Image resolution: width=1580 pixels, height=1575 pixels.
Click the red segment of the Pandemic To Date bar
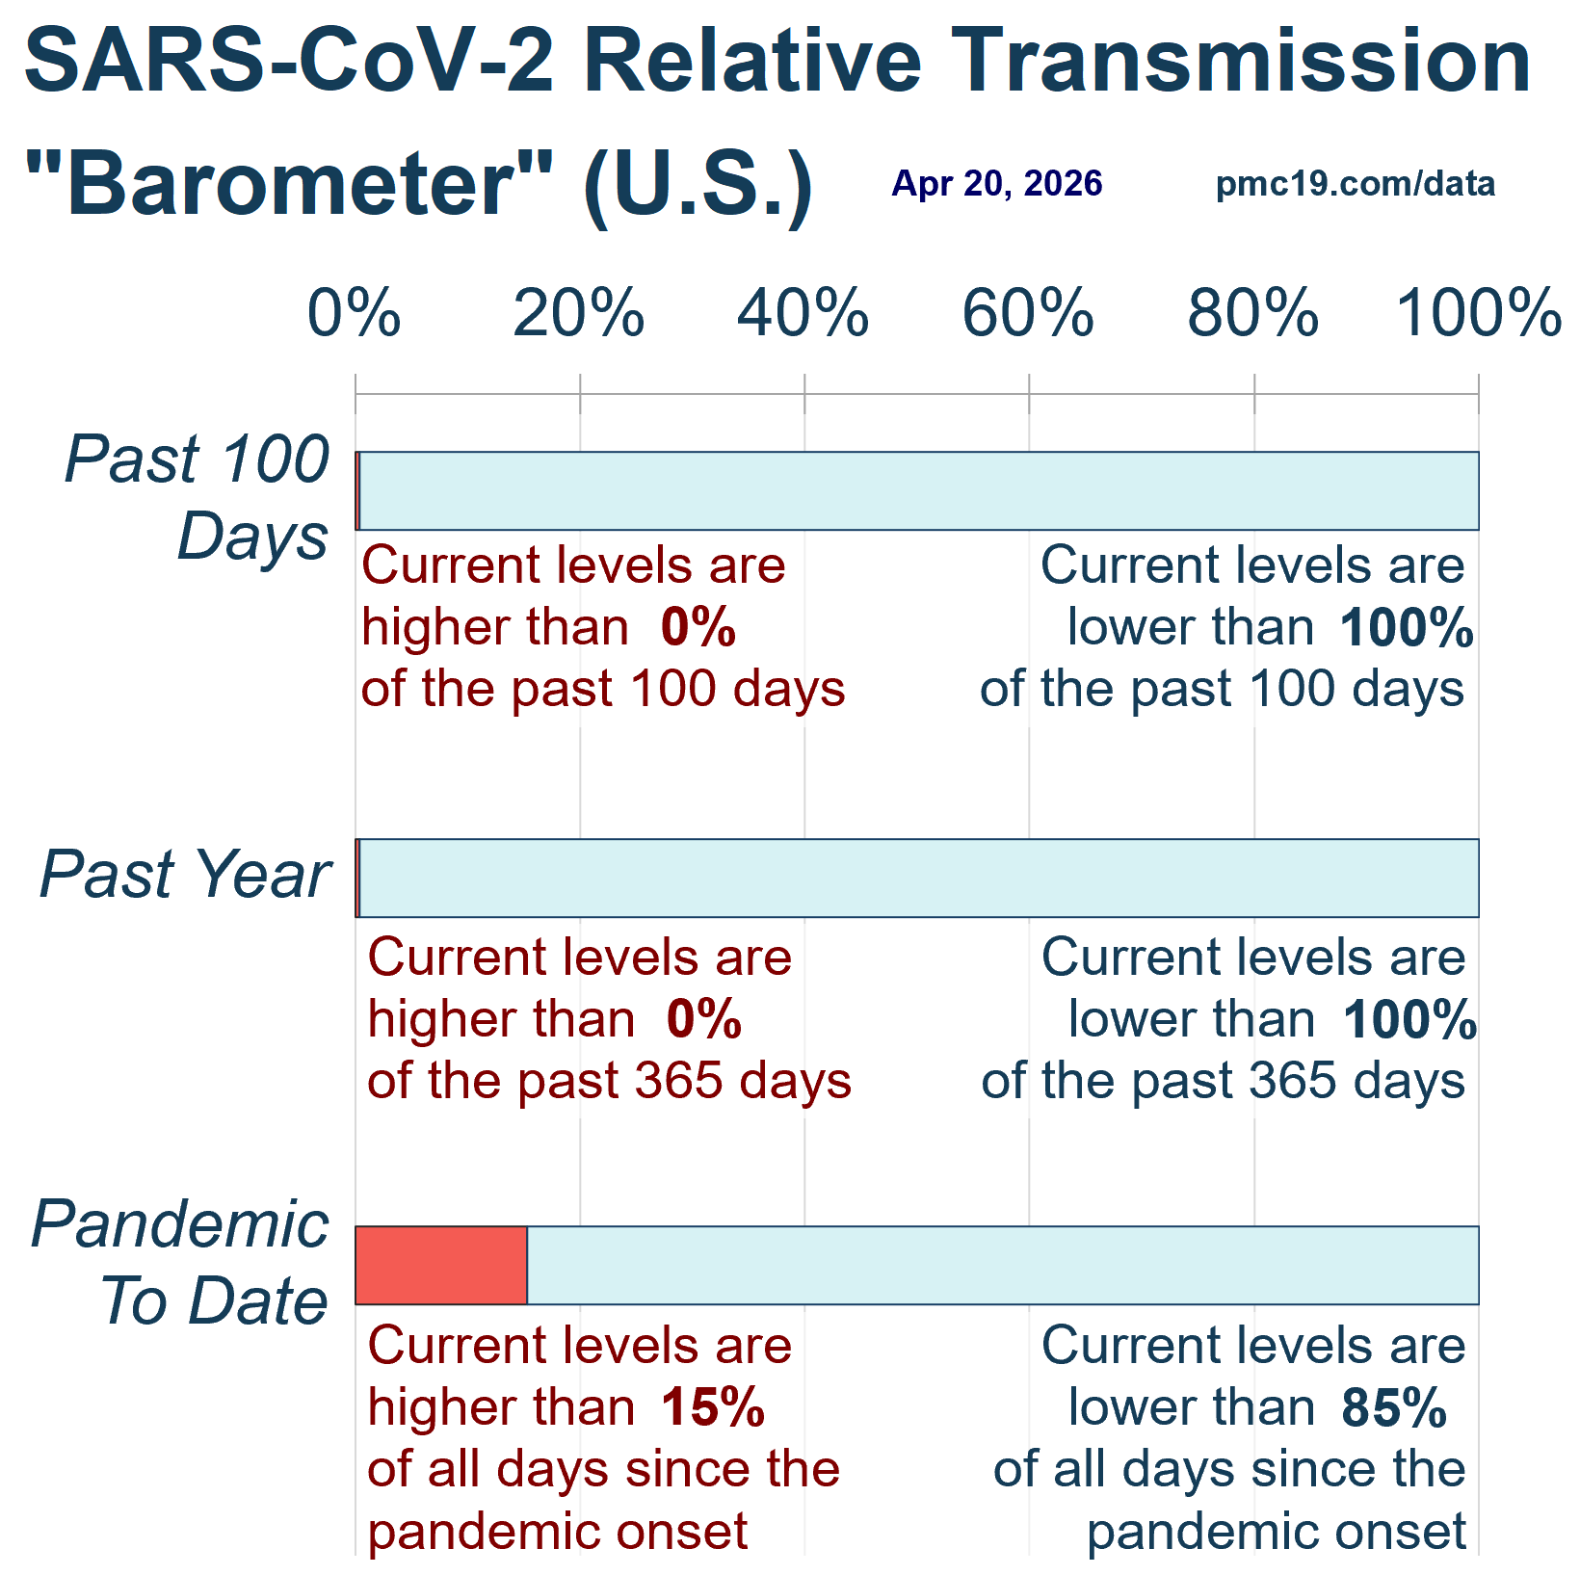click(441, 1265)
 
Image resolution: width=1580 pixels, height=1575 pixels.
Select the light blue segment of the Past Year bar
click(918, 878)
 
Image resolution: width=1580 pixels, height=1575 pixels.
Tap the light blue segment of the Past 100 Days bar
click(918, 490)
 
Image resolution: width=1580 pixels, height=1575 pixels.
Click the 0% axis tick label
click(355, 314)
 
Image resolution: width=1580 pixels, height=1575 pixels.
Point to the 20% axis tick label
click(579, 314)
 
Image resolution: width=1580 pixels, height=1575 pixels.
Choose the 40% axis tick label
click(803, 314)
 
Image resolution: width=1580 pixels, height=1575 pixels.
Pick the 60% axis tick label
click(1028, 314)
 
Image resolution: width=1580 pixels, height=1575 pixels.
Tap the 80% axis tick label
click(1252, 314)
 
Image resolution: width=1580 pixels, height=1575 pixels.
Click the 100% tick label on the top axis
click(1478, 314)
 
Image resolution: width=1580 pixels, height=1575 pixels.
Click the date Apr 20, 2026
click(997, 183)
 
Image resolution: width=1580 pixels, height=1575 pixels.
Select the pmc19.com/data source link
click(1356, 183)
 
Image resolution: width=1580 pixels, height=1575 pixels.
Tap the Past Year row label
click(185, 875)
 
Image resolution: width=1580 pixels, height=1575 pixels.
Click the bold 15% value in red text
click(713, 1407)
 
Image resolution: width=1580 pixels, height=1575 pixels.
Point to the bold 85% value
click(1394, 1407)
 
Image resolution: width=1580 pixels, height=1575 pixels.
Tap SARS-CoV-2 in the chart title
click(289, 60)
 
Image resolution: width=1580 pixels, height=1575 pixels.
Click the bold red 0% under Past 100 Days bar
click(698, 627)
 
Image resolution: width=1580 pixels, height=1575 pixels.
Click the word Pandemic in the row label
click(181, 1224)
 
